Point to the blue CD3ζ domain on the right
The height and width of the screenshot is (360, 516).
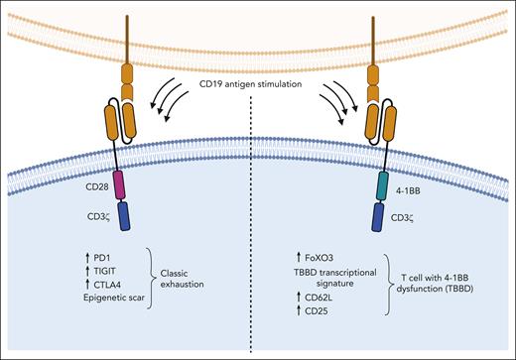(380, 216)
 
